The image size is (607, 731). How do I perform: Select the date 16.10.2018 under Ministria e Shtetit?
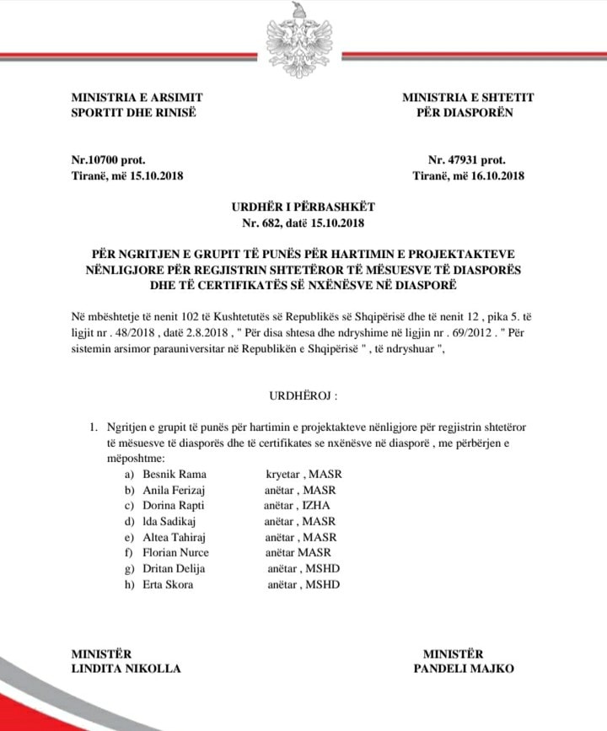click(495, 175)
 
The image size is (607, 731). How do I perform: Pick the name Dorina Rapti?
click(174, 505)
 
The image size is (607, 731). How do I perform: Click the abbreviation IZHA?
click(317, 505)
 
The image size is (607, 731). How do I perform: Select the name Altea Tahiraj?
click(175, 537)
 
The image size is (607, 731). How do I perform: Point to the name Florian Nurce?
click(175, 552)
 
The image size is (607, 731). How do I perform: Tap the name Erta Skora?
click(167, 584)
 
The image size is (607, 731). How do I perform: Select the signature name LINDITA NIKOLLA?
click(126, 669)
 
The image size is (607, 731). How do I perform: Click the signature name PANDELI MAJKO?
click(464, 669)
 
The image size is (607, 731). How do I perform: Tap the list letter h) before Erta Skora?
click(129, 584)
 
